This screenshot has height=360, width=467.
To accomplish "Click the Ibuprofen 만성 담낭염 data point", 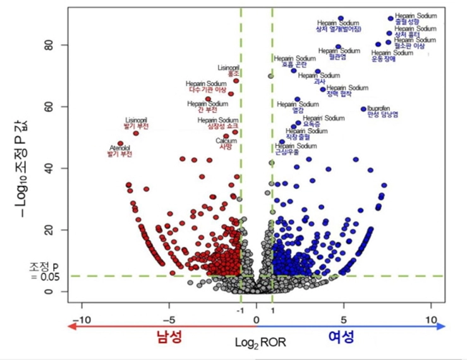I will (x=363, y=109).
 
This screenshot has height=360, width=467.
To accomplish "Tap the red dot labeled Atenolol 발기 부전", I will (x=121, y=143).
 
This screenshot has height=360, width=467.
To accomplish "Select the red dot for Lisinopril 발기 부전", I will (x=136, y=133).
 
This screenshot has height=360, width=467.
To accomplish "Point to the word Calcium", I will (x=226, y=140).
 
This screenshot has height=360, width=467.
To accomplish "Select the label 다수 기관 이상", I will (x=207, y=90).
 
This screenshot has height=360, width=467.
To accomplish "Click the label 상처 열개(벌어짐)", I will (x=339, y=29).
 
